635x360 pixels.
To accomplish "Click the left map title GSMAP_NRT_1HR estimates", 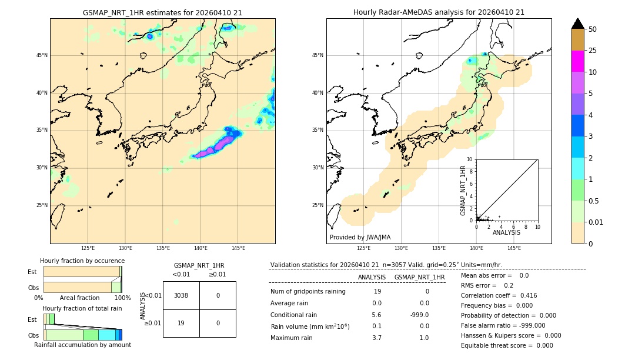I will coord(162,12).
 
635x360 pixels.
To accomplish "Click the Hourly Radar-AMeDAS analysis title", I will coord(439,12).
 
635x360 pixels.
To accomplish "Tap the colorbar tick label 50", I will coord(593,29).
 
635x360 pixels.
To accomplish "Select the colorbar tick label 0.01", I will coord(596,222).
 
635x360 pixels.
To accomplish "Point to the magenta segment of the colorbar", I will coord(577,61).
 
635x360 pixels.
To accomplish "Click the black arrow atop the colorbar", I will coord(577,24).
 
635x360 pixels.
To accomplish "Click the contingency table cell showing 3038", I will coord(181,295).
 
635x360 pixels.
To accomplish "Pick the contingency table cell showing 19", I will coord(181,323).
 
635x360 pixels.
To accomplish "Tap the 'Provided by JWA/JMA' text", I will coord(360,238).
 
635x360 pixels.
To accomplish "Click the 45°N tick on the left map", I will coord(42,55).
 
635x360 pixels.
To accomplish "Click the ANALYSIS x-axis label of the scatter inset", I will coord(506,232).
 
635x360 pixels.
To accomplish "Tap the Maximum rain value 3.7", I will coord(377,338).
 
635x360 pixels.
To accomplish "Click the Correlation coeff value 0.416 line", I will coord(499,295).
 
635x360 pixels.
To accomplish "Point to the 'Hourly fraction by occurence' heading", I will coord(82,261).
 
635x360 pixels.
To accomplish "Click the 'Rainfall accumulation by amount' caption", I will coord(82,345).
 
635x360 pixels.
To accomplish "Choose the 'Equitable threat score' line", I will coord(507,345).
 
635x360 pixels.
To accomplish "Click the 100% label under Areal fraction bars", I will coord(122,298).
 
